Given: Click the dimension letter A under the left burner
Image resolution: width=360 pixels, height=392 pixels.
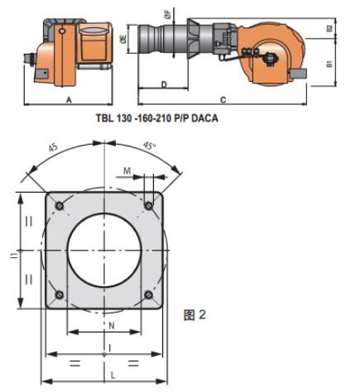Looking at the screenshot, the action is tap(69, 99).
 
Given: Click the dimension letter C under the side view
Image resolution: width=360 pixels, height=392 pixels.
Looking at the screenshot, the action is tap(223, 99).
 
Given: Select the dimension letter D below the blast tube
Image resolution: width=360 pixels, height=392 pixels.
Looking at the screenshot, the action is tap(164, 84).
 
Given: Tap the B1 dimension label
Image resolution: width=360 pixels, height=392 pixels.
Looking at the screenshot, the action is tap(329, 64).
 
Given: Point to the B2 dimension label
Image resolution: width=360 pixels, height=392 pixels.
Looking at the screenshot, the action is tap(329, 28).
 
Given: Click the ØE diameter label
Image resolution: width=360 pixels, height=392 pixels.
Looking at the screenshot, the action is tap(123, 39).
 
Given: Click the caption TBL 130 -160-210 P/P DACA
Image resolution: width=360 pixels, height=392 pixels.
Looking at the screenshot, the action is tap(157, 118).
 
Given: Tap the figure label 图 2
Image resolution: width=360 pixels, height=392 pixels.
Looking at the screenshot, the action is tap(194, 314).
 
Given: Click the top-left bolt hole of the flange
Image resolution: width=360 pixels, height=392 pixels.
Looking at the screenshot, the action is tap(60, 205).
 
